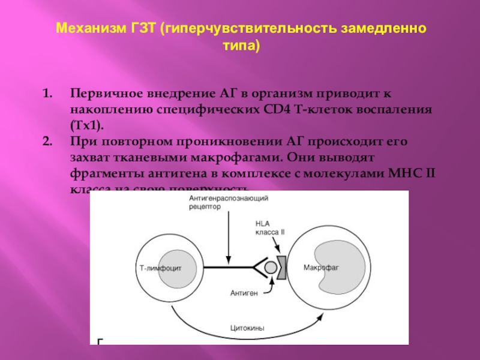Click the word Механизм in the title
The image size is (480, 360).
pyautogui.click(x=88, y=29)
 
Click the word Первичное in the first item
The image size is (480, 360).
pyautogui.click(x=102, y=95)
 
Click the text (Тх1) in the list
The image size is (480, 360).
pyautogui.click(x=86, y=126)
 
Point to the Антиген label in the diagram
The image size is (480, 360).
pyautogui.click(x=244, y=293)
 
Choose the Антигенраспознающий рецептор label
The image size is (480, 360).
pyautogui.click(x=228, y=202)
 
